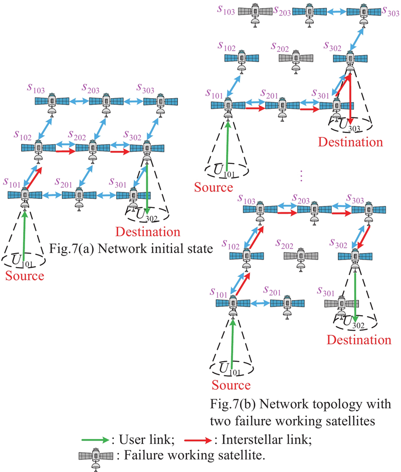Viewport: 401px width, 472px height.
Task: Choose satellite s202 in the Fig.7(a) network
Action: (93, 148)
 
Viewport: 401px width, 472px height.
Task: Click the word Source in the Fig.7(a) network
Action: (25, 276)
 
